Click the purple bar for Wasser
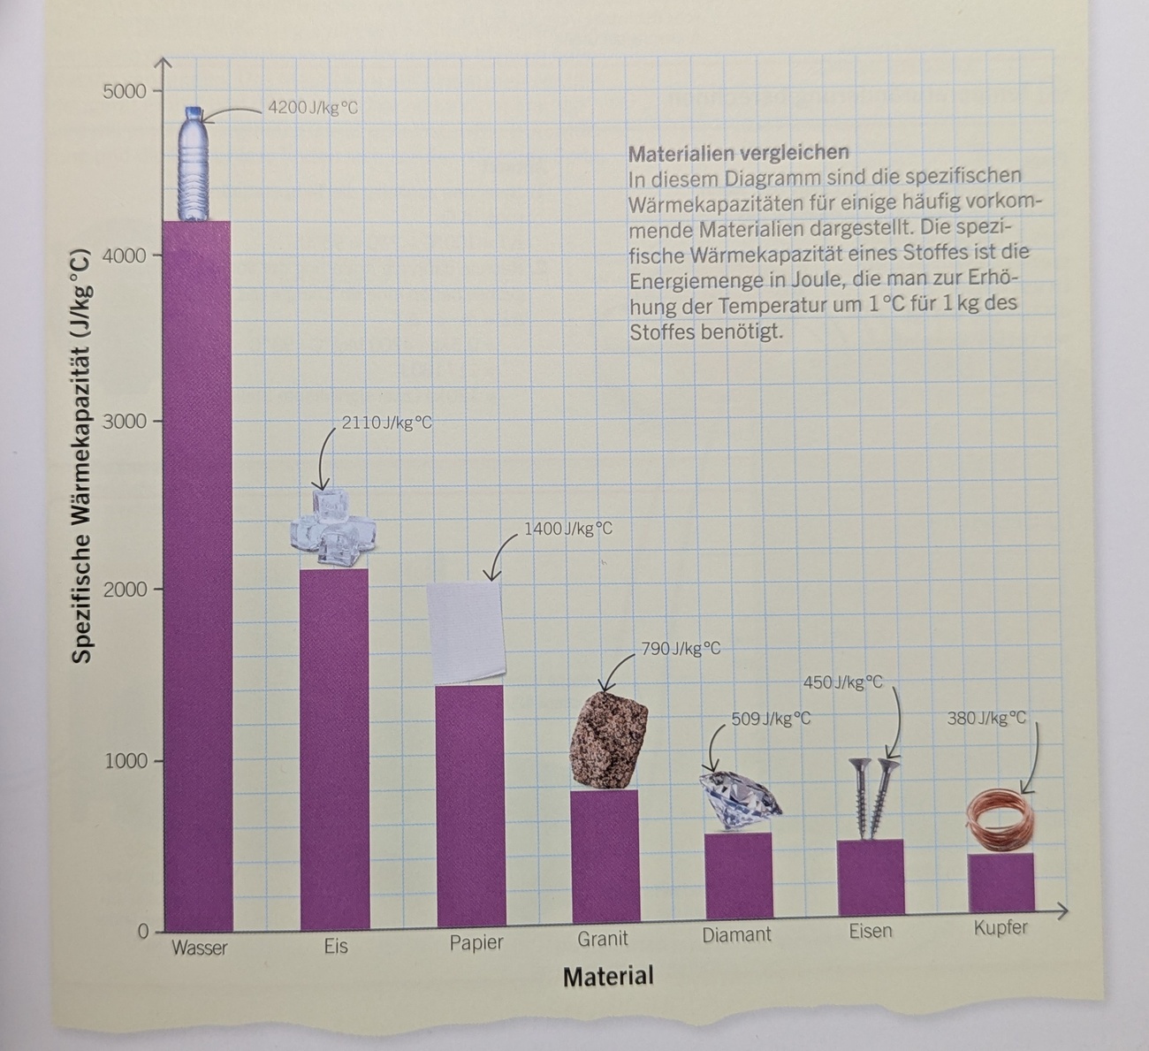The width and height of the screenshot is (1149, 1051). click(x=198, y=575)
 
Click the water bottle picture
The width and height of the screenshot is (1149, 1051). click(x=194, y=164)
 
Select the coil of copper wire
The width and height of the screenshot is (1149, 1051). click(x=1000, y=822)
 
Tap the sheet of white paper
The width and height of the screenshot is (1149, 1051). click(x=465, y=633)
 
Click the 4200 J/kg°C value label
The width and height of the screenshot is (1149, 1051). click(x=313, y=109)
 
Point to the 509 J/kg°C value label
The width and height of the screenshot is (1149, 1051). click(x=771, y=720)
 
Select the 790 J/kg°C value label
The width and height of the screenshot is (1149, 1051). click(x=680, y=649)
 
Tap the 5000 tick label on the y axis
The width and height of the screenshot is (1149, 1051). click(x=122, y=91)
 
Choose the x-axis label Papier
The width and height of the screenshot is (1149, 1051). click(x=476, y=942)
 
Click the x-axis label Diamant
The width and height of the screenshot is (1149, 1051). click(x=736, y=935)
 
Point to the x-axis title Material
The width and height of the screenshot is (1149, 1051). click(x=608, y=977)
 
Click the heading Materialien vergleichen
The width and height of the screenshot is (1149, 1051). click(x=738, y=153)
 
